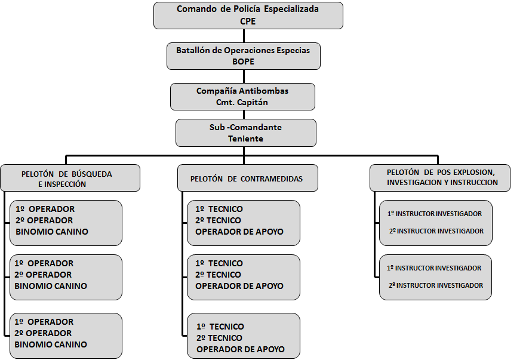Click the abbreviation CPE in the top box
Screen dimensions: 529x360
248,21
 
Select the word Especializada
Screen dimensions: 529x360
291,9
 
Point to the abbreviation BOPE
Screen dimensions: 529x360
243,61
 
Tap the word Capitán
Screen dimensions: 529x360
252,102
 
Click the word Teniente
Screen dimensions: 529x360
245,139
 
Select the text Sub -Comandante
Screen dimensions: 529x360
245,127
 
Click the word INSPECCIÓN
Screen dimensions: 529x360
64,184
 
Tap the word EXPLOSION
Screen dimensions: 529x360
473,173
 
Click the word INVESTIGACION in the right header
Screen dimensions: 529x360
414,183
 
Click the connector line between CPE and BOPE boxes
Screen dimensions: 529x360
244,36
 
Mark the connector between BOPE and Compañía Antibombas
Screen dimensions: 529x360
244,76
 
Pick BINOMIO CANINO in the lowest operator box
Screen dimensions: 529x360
51,344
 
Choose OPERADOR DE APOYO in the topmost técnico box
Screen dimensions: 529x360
239,232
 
